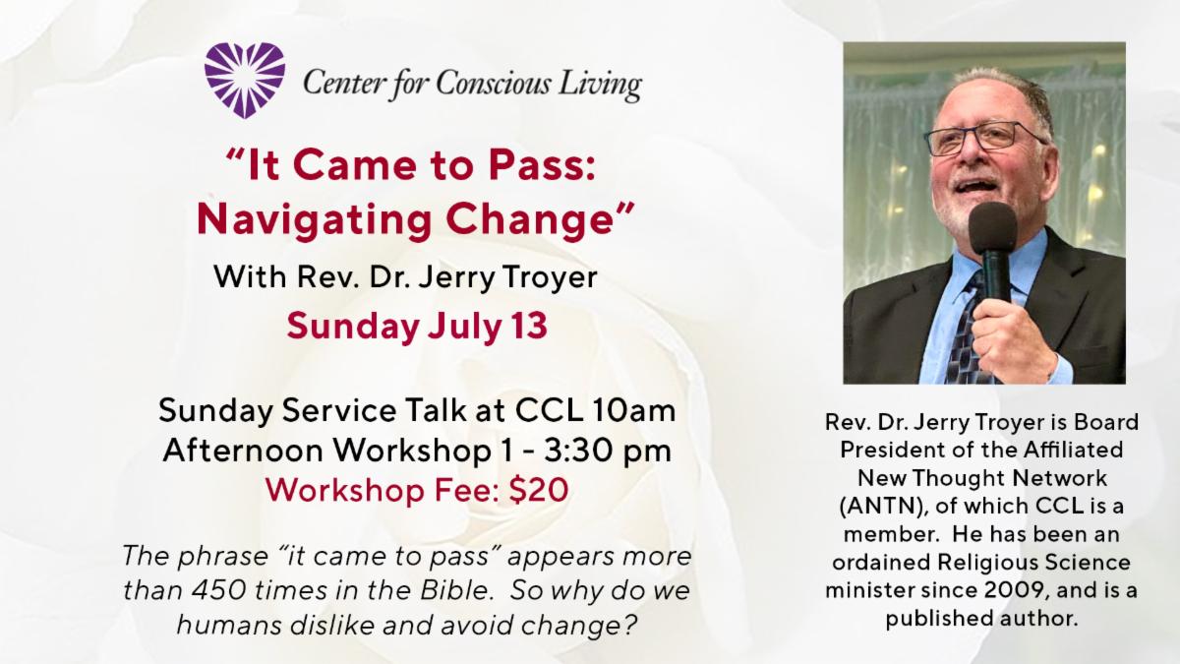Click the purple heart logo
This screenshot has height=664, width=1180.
click(245, 80)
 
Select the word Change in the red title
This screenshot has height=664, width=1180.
click(529, 218)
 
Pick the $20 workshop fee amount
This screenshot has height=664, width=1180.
click(539, 490)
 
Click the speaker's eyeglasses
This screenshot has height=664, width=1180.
click(984, 138)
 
